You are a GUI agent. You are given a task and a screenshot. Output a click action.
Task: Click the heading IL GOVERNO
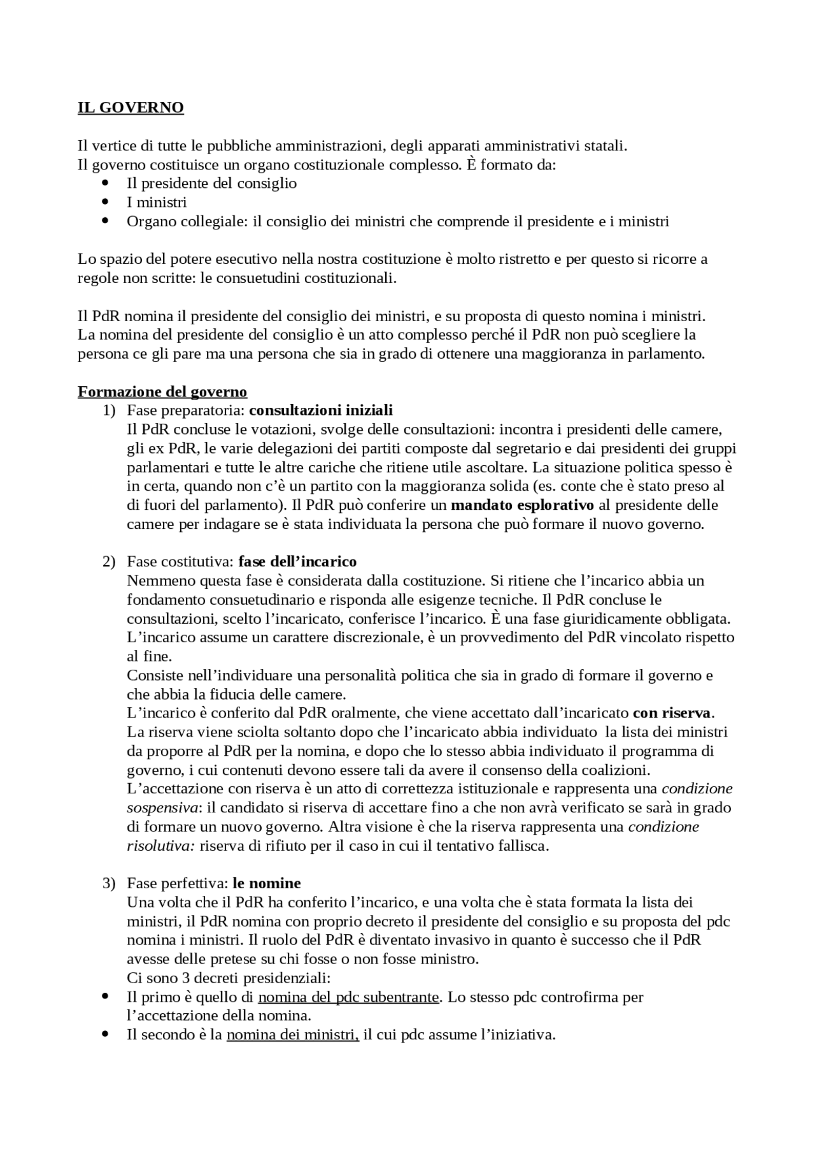pyautogui.click(x=131, y=107)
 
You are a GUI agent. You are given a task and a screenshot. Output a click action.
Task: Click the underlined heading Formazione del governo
pyautogui.click(x=162, y=391)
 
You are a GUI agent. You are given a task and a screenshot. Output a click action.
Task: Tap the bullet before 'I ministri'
pyautogui.click(x=106, y=202)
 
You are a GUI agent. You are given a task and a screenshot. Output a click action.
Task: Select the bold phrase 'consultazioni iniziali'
pyautogui.click(x=321, y=410)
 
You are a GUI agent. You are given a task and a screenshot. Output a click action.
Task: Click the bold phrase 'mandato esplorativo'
pyautogui.click(x=522, y=505)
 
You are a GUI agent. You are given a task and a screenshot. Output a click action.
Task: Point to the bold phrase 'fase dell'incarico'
pyautogui.click(x=297, y=561)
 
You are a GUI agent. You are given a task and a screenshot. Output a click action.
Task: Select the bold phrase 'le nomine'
pyautogui.click(x=267, y=883)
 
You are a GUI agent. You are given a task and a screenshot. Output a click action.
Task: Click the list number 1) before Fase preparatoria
pyautogui.click(x=109, y=410)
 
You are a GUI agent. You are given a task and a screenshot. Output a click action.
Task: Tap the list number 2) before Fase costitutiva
pyautogui.click(x=109, y=561)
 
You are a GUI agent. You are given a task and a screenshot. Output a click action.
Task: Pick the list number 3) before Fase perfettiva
pyautogui.click(x=109, y=883)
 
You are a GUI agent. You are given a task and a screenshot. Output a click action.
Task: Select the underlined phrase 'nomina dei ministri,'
pyautogui.click(x=293, y=1035)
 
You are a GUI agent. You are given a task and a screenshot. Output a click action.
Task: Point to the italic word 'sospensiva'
pyautogui.click(x=162, y=808)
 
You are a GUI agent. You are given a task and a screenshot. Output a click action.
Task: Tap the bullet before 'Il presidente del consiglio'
pyautogui.click(x=106, y=183)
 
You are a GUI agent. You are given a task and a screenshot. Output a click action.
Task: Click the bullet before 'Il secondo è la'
pyautogui.click(x=106, y=1034)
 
